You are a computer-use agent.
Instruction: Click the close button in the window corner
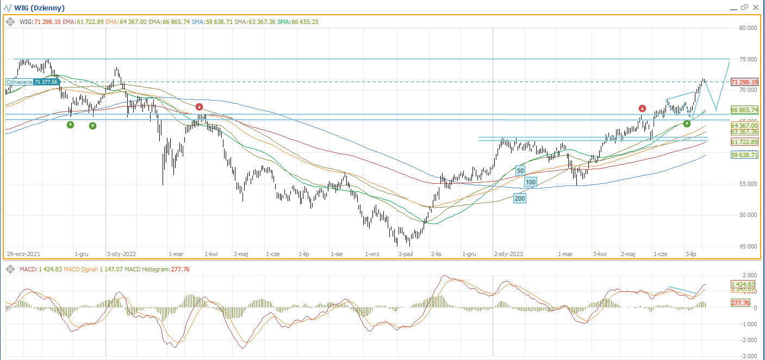coord(755,7)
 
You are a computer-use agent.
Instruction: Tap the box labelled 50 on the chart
coord(520,171)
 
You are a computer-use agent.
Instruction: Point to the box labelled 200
coord(520,199)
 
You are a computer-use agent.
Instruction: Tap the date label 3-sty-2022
coord(122,254)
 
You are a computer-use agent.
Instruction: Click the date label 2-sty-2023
coord(508,254)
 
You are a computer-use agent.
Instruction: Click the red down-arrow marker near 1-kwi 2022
coord(200,107)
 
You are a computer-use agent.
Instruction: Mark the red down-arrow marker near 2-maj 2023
coord(643,108)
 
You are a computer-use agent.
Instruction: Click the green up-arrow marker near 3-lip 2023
coord(687,124)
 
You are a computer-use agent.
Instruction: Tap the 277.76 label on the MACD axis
coord(741,303)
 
